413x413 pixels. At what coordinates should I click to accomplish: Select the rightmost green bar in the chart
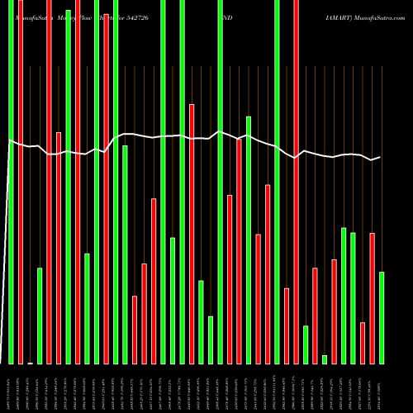(x=381, y=317)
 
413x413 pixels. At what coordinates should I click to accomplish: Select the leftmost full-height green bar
(x=11, y=182)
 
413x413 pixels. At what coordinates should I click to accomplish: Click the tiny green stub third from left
(x=30, y=363)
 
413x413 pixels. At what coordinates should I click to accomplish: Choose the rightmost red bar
(x=372, y=297)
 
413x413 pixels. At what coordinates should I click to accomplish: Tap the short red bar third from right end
(x=363, y=342)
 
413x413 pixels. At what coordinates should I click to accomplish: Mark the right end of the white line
(x=379, y=157)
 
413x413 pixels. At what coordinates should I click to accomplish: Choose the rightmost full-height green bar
(x=277, y=182)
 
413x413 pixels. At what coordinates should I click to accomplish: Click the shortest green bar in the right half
(x=325, y=358)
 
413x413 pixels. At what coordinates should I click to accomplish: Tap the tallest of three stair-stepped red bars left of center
(x=154, y=281)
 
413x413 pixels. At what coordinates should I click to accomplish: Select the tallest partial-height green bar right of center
(x=249, y=240)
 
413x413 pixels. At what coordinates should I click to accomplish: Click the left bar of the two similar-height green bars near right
(x=344, y=295)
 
